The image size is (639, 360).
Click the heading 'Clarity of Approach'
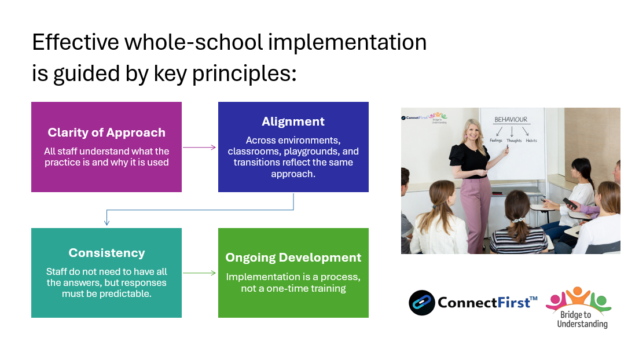(x=106, y=133)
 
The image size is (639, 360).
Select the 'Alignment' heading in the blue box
(x=293, y=122)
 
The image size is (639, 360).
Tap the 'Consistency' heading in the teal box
(x=106, y=253)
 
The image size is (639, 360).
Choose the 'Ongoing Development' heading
(x=293, y=258)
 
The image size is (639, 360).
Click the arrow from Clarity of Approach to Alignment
(x=199, y=147)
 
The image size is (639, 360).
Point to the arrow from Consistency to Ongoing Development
(x=199, y=273)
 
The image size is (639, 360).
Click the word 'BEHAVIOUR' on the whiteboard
(x=511, y=120)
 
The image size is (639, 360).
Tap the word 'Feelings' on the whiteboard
(x=496, y=141)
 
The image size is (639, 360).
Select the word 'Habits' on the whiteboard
(x=531, y=141)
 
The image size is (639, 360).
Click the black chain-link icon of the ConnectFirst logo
(x=421, y=303)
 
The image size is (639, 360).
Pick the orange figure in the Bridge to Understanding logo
(x=576, y=295)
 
